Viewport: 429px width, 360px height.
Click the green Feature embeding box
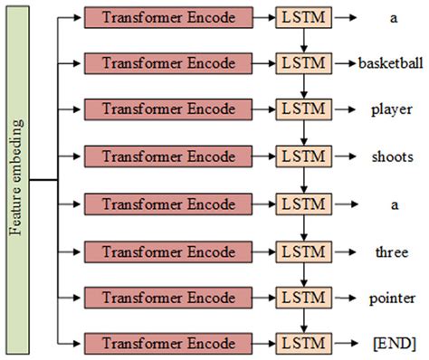pyautogui.click(x=17, y=180)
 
